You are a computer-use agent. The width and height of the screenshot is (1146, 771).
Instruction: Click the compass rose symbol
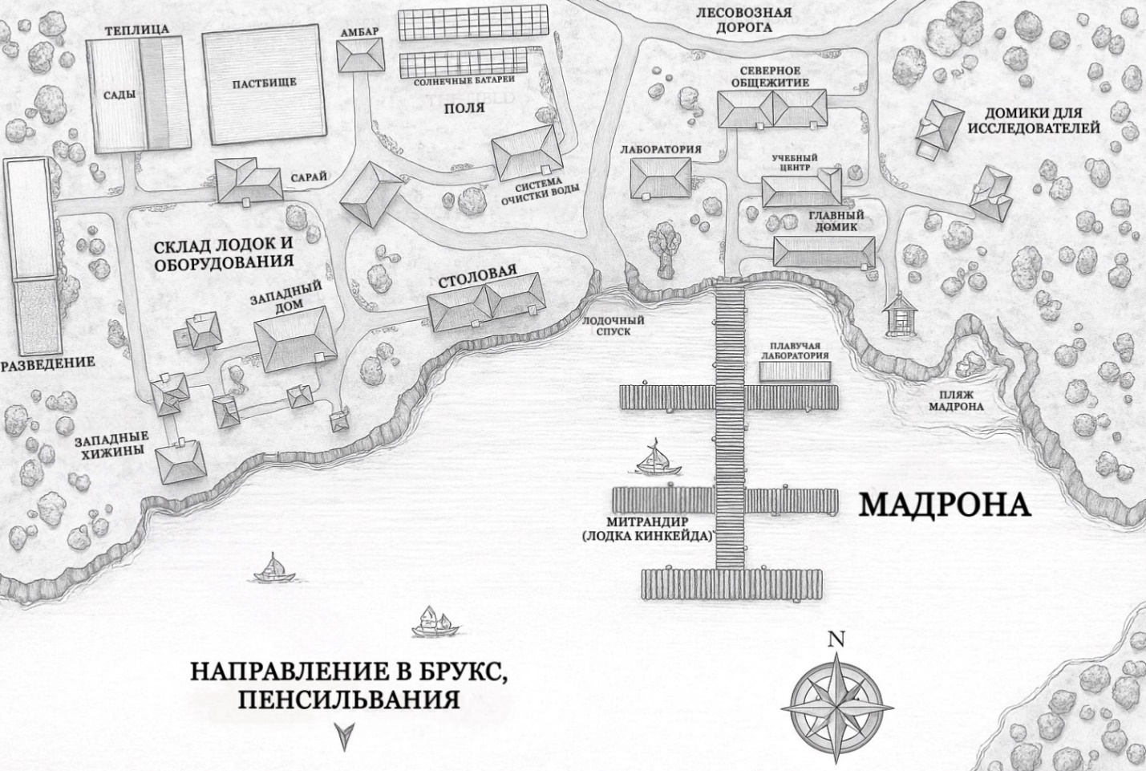coord(836,696)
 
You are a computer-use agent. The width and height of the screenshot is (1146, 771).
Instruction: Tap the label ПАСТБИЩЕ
coord(265,83)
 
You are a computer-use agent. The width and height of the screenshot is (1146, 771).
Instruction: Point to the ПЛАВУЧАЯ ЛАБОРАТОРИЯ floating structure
coord(792,371)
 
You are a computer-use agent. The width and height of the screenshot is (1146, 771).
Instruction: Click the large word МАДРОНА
coord(944,505)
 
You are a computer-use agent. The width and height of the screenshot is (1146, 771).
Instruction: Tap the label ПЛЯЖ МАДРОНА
coord(955,400)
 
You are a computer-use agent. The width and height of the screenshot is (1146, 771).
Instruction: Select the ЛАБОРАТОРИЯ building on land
coord(660,177)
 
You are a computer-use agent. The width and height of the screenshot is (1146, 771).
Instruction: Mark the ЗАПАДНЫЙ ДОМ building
coord(294,339)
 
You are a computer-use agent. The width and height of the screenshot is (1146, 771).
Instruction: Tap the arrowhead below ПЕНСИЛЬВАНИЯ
coord(345,736)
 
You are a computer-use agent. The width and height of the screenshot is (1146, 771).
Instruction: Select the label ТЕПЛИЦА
coord(136,30)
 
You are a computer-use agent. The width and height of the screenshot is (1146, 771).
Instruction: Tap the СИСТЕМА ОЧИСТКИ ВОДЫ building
coord(527,152)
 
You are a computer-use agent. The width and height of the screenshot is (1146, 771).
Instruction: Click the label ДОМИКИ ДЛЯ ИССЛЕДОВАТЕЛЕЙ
coord(1033,120)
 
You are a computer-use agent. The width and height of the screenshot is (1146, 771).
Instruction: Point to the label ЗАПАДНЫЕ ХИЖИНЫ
coord(110,445)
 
